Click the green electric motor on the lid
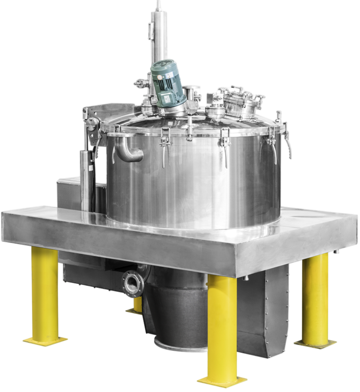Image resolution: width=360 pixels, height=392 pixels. [x=167, y=83]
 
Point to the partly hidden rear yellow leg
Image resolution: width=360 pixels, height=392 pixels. [x=137, y=303]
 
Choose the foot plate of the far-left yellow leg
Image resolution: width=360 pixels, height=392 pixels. [x=45, y=340]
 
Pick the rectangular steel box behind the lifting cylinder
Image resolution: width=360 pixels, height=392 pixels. [x=67, y=194]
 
